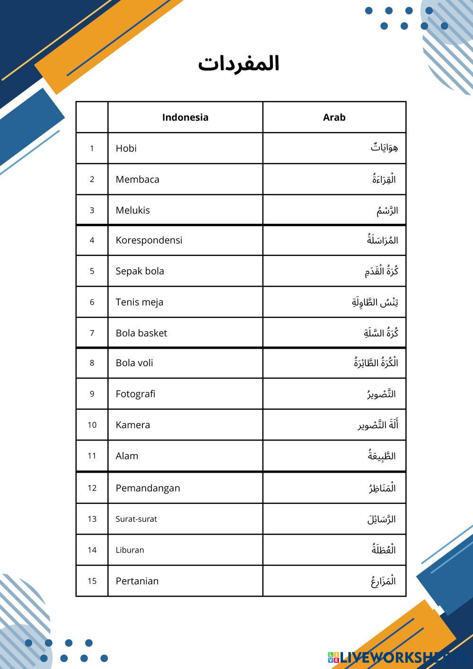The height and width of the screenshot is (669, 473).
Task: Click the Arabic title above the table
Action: tap(239, 63)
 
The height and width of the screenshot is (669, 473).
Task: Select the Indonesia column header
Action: tap(185, 117)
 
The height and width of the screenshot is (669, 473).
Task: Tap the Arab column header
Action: tap(334, 117)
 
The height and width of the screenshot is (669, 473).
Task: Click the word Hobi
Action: tap(126, 148)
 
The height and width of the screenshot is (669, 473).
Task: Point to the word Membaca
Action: tap(137, 179)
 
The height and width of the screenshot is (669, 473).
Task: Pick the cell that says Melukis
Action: tap(132, 210)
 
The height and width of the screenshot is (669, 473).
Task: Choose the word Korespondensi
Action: tap(149, 240)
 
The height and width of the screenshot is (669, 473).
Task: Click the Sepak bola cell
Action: tap(140, 271)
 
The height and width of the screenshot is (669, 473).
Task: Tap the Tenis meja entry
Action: tap(139, 302)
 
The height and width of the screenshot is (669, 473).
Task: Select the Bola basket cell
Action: tap(141, 333)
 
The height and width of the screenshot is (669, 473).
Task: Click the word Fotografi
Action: tap(135, 394)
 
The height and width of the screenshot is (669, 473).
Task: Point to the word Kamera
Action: tap(132, 425)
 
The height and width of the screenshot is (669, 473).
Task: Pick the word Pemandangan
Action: tap(148, 488)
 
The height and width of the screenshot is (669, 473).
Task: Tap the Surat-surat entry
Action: tap(136, 519)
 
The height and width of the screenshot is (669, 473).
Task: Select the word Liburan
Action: tap(130, 550)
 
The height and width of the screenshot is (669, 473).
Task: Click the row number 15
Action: tap(92, 581)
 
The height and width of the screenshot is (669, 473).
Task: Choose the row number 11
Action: tap(92, 456)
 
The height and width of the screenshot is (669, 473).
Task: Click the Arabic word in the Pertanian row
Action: tap(383, 581)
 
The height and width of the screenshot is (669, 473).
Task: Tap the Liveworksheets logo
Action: tap(397, 657)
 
